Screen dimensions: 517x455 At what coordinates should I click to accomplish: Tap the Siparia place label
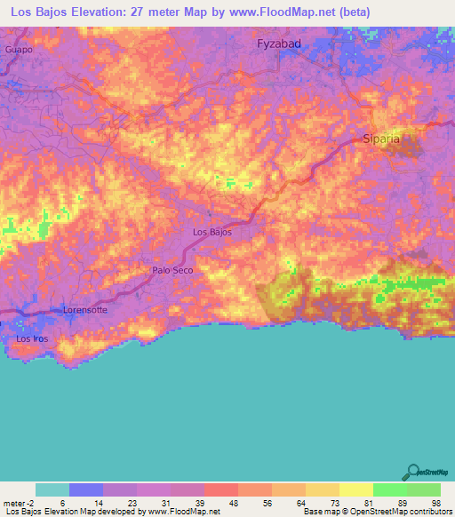pos(382,139)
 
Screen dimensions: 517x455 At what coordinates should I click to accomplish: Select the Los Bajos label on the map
pos(212,232)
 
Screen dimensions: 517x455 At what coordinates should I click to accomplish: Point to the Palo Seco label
pos(172,270)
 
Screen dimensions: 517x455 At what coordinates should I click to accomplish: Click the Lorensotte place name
pos(85,310)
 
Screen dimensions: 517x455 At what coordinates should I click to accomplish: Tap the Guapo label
pos(19,50)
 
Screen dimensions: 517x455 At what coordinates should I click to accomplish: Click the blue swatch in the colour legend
pos(86,489)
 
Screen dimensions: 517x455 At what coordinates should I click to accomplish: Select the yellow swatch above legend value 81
pos(355,489)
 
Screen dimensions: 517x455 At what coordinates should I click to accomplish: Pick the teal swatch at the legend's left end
pos(52,489)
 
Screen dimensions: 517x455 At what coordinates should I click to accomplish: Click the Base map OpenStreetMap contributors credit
pos(376,512)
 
